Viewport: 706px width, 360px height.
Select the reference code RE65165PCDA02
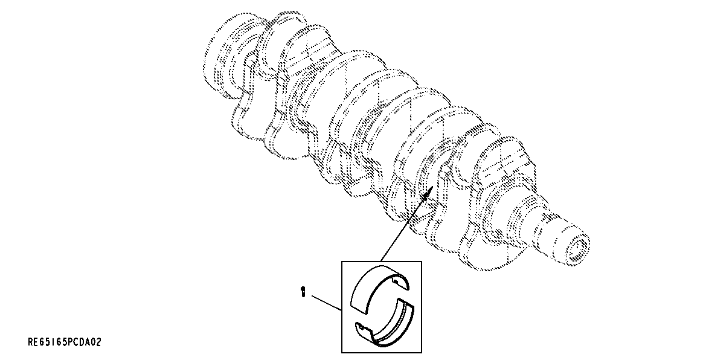pos(65,342)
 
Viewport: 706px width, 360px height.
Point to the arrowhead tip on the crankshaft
pos(430,188)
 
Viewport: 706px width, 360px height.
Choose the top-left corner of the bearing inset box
pos(342,261)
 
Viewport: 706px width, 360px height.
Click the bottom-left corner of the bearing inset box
pos(342,352)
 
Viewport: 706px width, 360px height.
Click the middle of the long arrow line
pos(405,226)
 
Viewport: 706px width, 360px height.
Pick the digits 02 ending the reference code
pos(95,342)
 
